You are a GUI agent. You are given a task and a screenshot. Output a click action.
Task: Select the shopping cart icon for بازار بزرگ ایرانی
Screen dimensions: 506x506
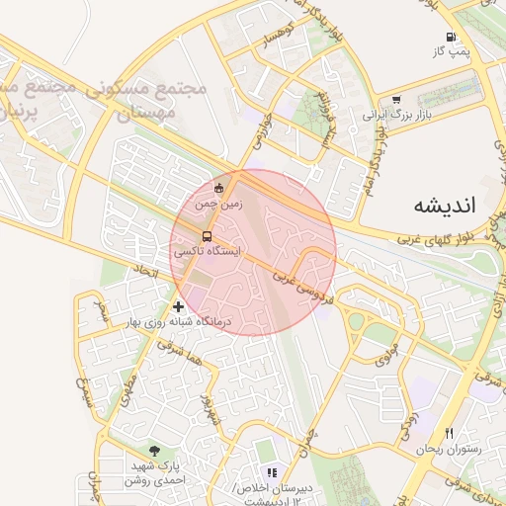coord(396,100)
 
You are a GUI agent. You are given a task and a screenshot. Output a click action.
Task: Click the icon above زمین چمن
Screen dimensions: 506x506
coord(219,189)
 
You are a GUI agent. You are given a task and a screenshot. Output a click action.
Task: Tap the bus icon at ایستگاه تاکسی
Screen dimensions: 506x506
coord(207,237)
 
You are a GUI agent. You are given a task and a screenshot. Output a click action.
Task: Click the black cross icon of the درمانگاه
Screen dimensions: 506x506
coord(178,306)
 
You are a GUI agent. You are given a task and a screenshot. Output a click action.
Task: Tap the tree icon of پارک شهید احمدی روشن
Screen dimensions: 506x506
coord(152,450)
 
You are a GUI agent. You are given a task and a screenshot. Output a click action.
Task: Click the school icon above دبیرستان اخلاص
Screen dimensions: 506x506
coord(271,473)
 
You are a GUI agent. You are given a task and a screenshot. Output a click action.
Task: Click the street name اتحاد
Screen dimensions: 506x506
coord(146,269)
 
